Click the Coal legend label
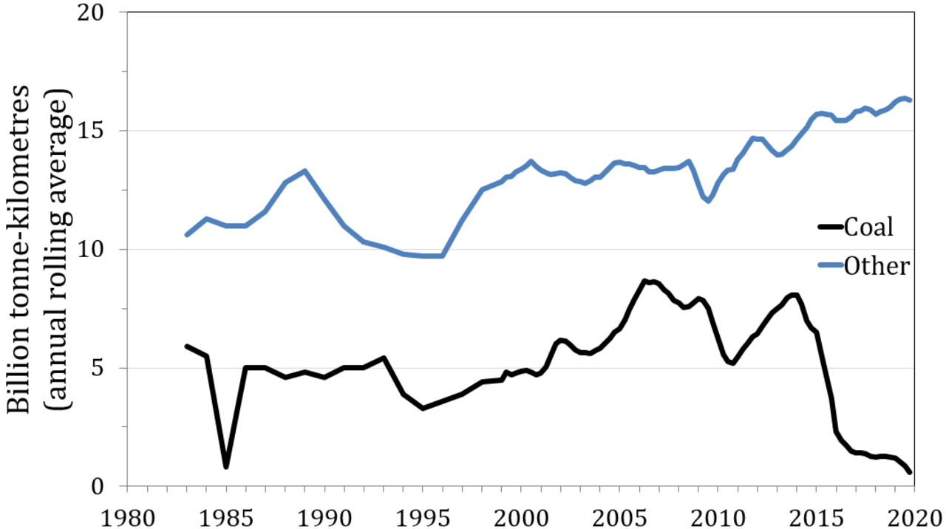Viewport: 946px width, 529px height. [868, 227]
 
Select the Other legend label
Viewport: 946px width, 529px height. [877, 266]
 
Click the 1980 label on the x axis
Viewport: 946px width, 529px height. [128, 518]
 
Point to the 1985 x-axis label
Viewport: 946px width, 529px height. [226, 518]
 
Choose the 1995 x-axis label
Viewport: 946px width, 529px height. [423, 518]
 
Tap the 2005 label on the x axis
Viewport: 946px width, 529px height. [619, 518]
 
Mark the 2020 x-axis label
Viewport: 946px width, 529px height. [915, 518]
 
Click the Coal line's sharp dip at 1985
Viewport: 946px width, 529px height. [226, 467]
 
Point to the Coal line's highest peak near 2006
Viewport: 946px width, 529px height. [644, 281]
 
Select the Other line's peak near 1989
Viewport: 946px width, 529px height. [304, 171]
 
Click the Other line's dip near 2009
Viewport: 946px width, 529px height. [708, 200]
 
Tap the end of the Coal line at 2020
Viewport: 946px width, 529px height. [910, 472]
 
